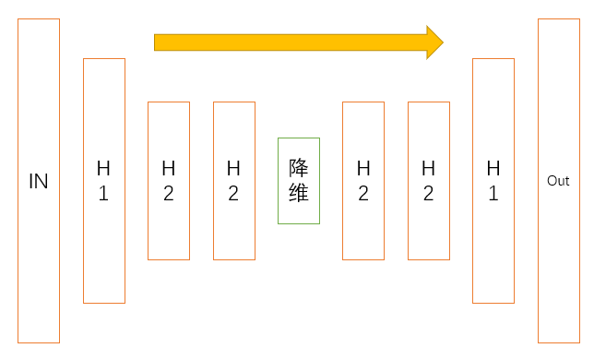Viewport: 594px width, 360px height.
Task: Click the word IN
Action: pyautogui.click(x=38, y=181)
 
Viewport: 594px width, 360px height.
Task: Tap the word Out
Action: pyautogui.click(x=558, y=181)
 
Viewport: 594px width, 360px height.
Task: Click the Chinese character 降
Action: pyautogui.click(x=299, y=168)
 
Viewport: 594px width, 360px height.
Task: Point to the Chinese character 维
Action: pyautogui.click(x=299, y=194)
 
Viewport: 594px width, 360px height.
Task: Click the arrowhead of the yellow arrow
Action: pyautogui.click(x=434, y=42)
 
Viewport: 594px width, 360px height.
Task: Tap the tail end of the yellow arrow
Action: pyautogui.click(x=157, y=42)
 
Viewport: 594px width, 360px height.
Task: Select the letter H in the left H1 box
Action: pyautogui.click(x=103, y=168)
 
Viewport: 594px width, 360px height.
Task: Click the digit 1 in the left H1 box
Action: pyautogui.click(x=103, y=194)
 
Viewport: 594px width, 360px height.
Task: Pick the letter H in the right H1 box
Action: pyautogui.click(x=493, y=168)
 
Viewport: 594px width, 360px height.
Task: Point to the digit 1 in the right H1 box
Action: pyautogui.click(x=493, y=194)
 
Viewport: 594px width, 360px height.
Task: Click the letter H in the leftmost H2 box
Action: pyautogui.click(x=169, y=168)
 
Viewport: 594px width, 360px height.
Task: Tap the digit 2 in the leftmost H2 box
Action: pyautogui.click(x=169, y=194)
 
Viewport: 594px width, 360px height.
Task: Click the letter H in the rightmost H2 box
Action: pyautogui.click(x=429, y=168)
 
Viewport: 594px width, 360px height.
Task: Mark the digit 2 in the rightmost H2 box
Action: pyautogui.click(x=429, y=194)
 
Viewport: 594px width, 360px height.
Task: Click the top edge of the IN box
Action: pyautogui.click(x=38, y=18)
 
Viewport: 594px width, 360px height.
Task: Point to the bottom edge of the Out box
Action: pyautogui.click(x=559, y=342)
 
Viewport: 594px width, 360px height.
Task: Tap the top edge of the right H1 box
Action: pyautogui.click(x=493, y=58)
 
